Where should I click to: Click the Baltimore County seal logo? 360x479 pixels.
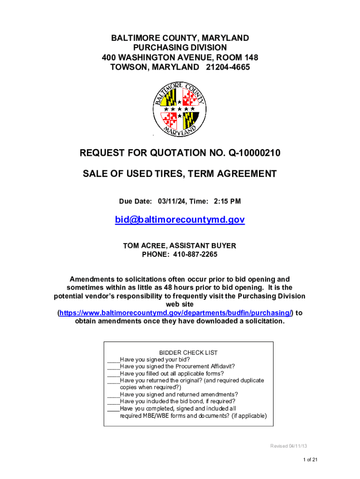pyautogui.click(x=180, y=109)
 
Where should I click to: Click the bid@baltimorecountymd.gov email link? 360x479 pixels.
pyautogui.click(x=180, y=220)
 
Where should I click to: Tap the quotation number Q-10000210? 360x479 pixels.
pyautogui.click(x=245, y=153)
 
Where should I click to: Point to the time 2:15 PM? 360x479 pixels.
pyautogui.click(x=227, y=201)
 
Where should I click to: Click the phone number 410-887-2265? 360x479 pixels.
pyautogui.click(x=195, y=254)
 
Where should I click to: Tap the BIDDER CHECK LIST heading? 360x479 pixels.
pyautogui.click(x=188, y=353)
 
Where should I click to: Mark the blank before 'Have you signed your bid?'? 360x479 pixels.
pyautogui.click(x=114, y=360)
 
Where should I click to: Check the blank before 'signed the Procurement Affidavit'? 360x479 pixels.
pyautogui.click(x=114, y=367)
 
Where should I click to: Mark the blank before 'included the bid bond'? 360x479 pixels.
pyautogui.click(x=114, y=401)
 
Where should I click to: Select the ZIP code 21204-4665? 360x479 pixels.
pyautogui.click(x=227, y=67)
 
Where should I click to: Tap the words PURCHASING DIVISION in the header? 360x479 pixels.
pyautogui.click(x=180, y=48)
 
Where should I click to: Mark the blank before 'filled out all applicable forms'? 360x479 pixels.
pyautogui.click(x=114, y=374)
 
